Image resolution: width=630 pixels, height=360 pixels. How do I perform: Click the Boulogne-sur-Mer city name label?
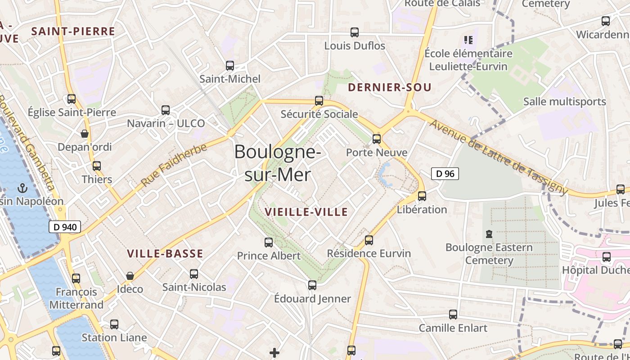(278, 163)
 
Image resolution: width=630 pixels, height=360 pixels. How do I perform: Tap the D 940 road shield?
(65, 227)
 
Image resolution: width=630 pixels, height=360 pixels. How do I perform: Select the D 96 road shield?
(445, 174)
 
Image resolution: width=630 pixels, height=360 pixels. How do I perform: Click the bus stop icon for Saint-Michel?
(230, 66)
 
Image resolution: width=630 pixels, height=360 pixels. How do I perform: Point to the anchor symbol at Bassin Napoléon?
(22, 188)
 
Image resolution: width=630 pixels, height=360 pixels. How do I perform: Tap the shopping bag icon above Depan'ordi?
(84, 134)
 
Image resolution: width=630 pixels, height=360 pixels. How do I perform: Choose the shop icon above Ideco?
(130, 275)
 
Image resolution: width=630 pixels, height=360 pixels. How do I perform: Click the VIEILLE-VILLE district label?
(306, 212)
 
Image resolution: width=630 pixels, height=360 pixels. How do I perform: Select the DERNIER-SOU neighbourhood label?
(390, 87)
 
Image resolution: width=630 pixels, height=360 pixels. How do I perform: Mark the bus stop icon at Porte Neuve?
(377, 139)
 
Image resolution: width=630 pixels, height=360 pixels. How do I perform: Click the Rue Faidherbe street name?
(174, 165)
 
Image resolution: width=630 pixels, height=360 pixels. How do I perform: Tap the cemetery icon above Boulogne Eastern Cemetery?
(489, 234)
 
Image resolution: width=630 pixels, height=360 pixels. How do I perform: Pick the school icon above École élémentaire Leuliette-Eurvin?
(468, 40)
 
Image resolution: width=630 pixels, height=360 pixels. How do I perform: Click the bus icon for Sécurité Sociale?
(319, 101)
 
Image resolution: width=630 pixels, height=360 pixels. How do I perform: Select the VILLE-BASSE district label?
(165, 254)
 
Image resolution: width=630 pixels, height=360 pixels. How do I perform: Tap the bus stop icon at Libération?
(422, 196)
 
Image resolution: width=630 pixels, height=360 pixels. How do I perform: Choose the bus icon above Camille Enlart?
(453, 315)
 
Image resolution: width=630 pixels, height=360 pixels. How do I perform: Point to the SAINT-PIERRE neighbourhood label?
(73, 31)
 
